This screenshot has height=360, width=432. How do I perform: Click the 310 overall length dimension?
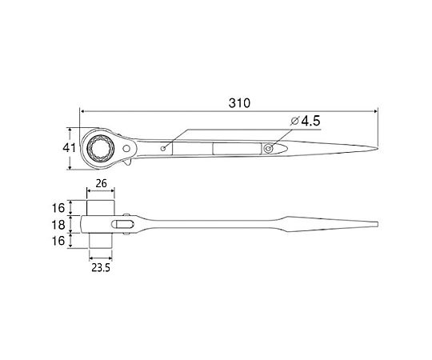pyautogui.click(x=239, y=103)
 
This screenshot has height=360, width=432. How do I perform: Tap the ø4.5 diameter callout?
pyautogui.click(x=306, y=121)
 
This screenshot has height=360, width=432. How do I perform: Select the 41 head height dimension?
pyautogui.click(x=69, y=148)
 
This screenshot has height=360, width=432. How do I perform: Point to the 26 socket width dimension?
pyautogui.click(x=101, y=183)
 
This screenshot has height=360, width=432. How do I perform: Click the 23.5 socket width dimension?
pyautogui.click(x=101, y=267)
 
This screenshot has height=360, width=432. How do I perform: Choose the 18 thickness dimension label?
pyautogui.click(x=58, y=225)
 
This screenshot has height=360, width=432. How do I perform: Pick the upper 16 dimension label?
pyautogui.click(x=58, y=208)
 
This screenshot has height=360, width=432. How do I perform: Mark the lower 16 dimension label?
pyautogui.click(x=58, y=241)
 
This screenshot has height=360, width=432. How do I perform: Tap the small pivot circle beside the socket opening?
pyautogui.click(x=126, y=149)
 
